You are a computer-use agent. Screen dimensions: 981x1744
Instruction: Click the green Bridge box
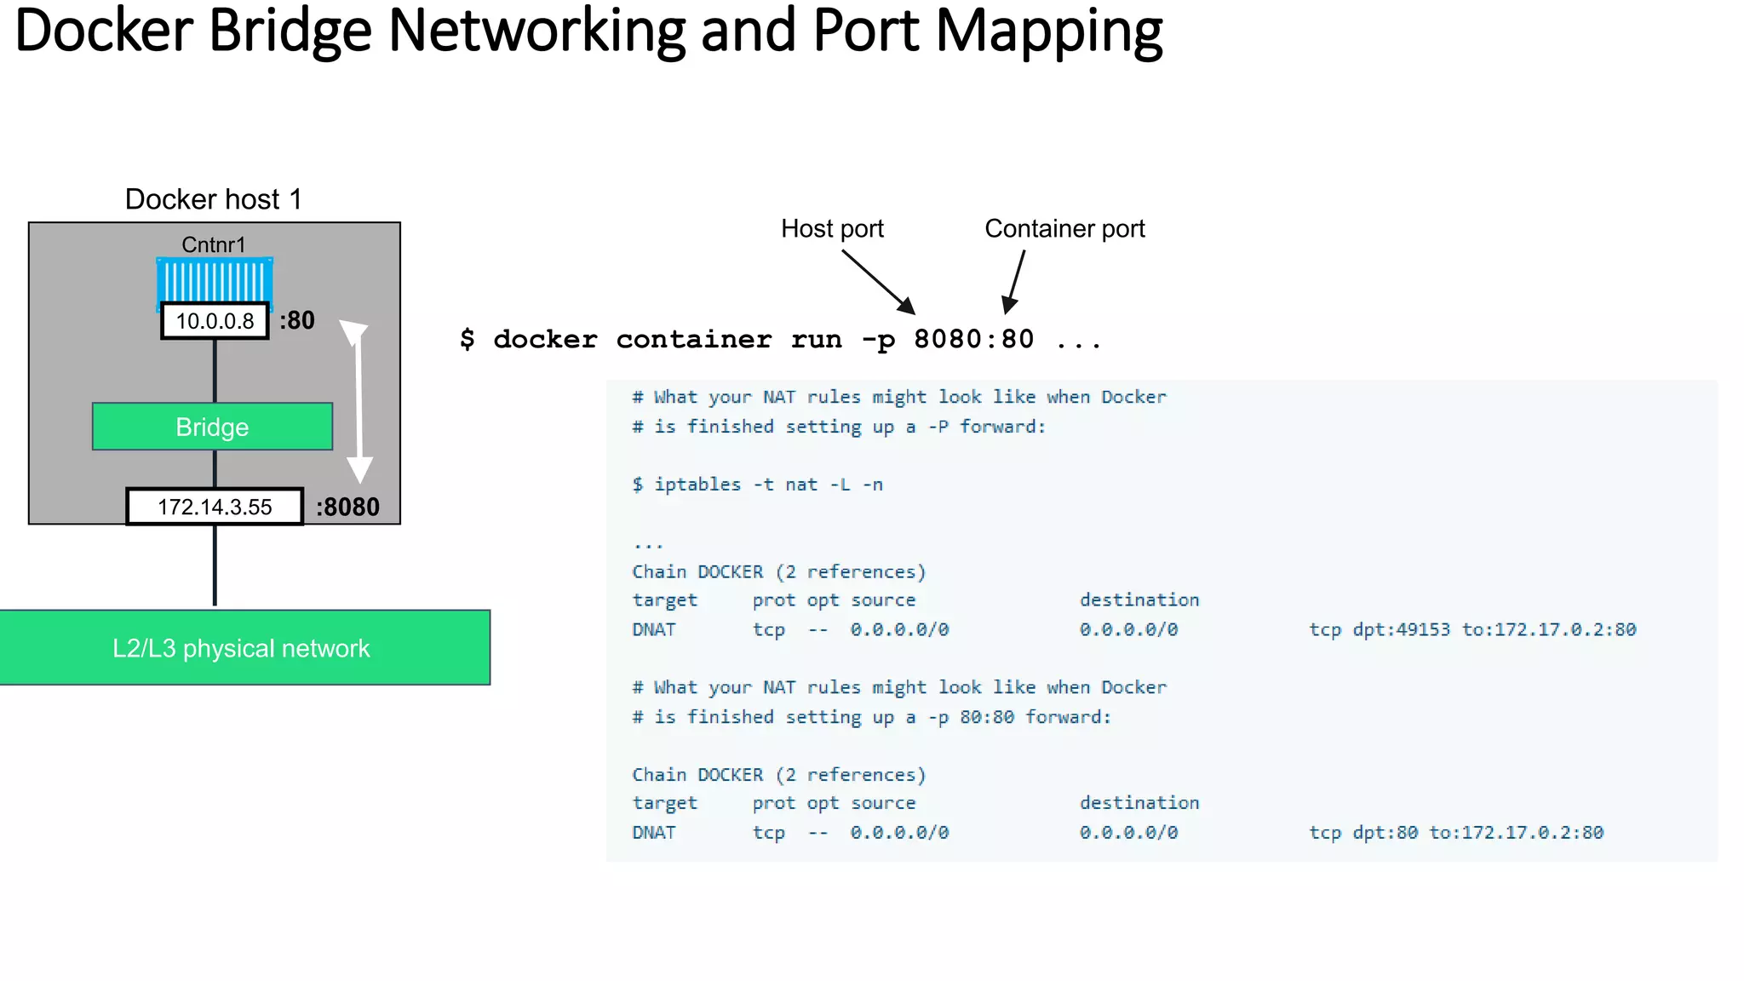point(212,427)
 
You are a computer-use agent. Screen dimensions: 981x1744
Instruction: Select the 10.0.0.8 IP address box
point(215,321)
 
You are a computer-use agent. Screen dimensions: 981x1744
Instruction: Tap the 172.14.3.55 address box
point(215,507)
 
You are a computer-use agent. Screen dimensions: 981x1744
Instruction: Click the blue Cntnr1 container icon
point(215,280)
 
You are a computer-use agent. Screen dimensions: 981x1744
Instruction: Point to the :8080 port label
point(347,507)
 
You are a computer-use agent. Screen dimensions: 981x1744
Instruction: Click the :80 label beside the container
point(297,320)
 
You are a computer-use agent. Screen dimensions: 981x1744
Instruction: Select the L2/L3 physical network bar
point(242,648)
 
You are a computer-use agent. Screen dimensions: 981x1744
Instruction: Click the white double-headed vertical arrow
point(359,400)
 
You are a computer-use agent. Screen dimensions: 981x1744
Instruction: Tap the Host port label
point(832,228)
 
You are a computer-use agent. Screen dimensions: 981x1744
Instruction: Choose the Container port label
point(1064,228)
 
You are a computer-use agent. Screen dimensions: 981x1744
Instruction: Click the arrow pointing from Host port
point(879,283)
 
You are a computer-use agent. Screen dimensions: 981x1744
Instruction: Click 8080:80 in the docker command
point(973,339)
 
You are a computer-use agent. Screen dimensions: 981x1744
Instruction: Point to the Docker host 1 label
point(214,199)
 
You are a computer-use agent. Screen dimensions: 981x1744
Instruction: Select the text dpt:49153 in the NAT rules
point(1401,629)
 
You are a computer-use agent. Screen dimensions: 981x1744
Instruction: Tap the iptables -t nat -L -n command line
point(757,485)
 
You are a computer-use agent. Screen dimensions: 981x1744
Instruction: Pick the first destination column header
point(1139,599)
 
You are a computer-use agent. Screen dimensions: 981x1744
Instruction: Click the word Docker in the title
point(104,32)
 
